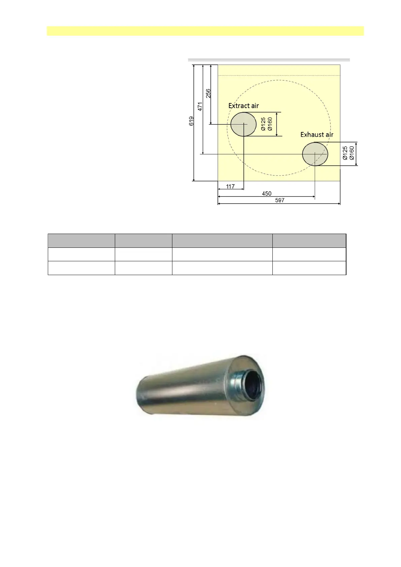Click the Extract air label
[x=243, y=106]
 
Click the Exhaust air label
[x=317, y=135]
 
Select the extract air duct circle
[x=243, y=124]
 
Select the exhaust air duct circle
[x=315, y=154]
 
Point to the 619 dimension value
[x=191, y=121]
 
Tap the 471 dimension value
[x=200, y=107]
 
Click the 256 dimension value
[x=208, y=93]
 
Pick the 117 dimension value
[x=230, y=187]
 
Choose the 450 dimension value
[x=267, y=194]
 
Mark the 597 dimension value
[x=280, y=200]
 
